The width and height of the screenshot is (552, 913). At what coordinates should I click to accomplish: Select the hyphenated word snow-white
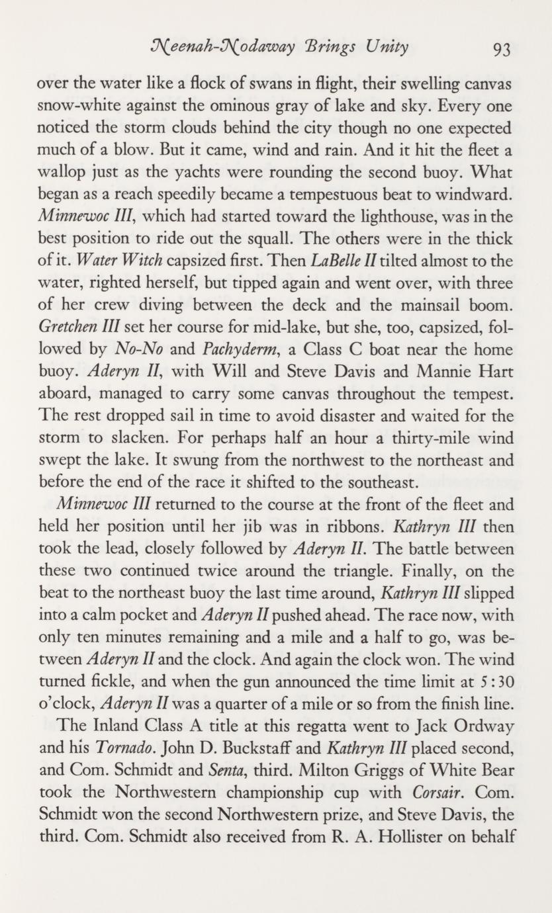click(x=74, y=107)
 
